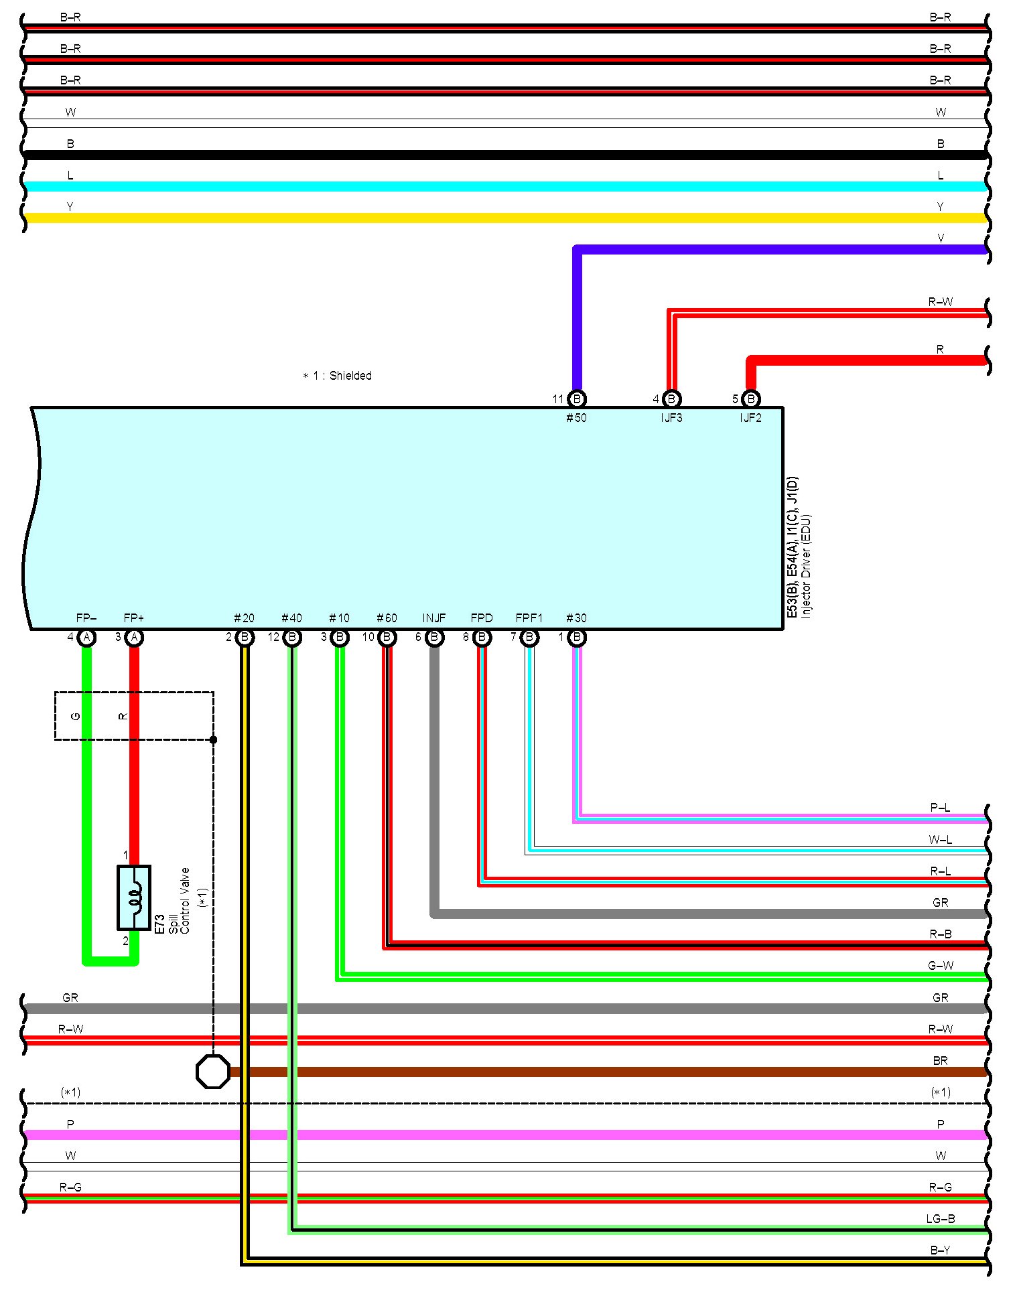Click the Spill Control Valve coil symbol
tap(134, 897)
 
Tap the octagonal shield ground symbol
tap(213, 1072)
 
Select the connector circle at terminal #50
tap(577, 399)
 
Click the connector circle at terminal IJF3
tap(671, 399)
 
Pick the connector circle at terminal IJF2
tap(751, 399)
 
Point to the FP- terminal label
tap(86, 618)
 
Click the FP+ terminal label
tap(134, 618)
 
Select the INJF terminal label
tap(434, 618)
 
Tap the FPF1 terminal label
tap(529, 618)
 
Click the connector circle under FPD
tap(482, 637)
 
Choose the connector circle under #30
tap(577, 637)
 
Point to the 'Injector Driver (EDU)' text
tap(806, 566)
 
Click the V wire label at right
tap(941, 238)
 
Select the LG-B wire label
tap(941, 1219)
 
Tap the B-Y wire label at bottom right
tap(941, 1250)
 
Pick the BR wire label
tap(941, 1061)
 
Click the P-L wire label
tap(941, 808)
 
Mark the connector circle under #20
tap(245, 637)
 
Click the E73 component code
tap(159, 924)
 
